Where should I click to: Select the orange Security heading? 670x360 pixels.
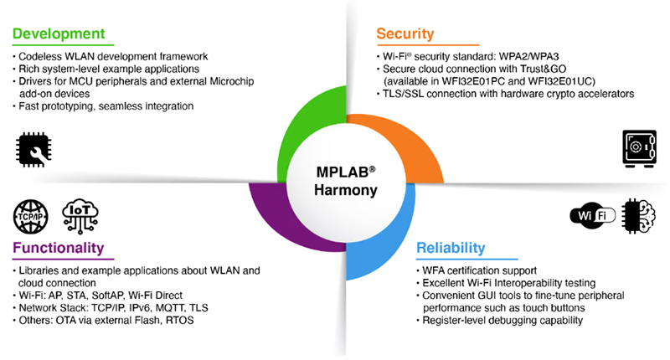pos(405,34)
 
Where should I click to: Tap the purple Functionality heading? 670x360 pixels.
pos(58,248)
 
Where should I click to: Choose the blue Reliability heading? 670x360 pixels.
pos(450,248)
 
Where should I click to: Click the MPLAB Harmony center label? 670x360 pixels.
pos(335,181)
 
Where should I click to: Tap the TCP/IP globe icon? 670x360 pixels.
pos(30,215)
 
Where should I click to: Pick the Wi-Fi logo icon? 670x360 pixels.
pos(592,216)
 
